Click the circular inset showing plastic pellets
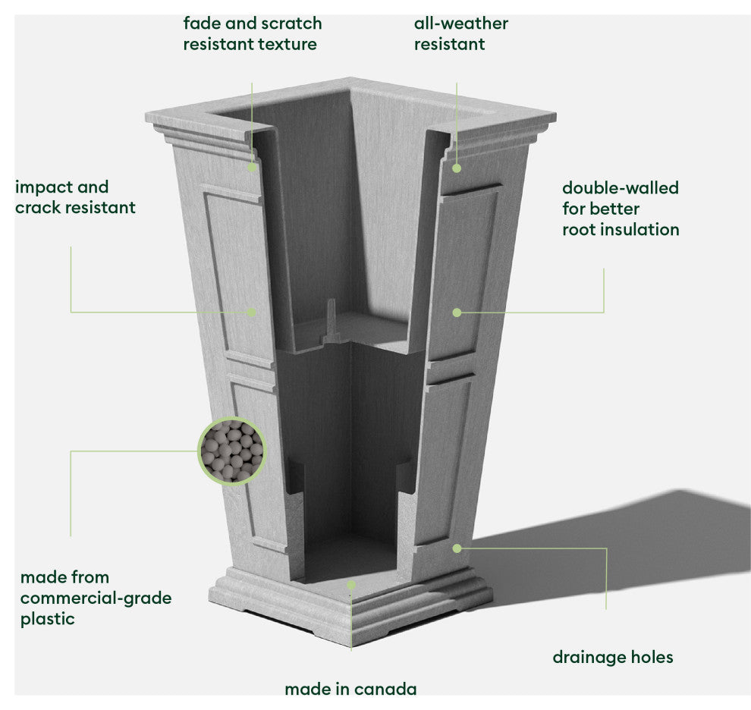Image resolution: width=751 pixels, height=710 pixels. click(x=232, y=451)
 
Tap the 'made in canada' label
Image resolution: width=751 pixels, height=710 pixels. click(x=350, y=690)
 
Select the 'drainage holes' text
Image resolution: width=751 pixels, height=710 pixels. click(x=612, y=657)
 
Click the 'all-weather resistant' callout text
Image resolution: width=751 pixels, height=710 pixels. click(x=460, y=33)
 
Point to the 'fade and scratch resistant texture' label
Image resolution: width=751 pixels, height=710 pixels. click(x=252, y=33)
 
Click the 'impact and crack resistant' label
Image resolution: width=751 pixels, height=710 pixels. click(x=75, y=197)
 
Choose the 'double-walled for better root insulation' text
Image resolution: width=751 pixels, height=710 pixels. click(x=621, y=209)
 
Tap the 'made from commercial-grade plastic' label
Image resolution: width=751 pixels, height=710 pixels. click(x=96, y=598)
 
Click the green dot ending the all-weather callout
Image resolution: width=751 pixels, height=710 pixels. click(x=457, y=167)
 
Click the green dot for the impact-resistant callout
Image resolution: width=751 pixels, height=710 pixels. click(x=252, y=312)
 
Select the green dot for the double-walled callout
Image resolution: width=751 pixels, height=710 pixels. click(x=457, y=312)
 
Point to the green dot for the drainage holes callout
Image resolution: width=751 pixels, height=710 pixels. click(x=457, y=548)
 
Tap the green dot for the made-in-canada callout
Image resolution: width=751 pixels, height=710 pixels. click(x=350, y=585)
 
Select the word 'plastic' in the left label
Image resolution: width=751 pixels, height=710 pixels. click(x=47, y=619)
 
